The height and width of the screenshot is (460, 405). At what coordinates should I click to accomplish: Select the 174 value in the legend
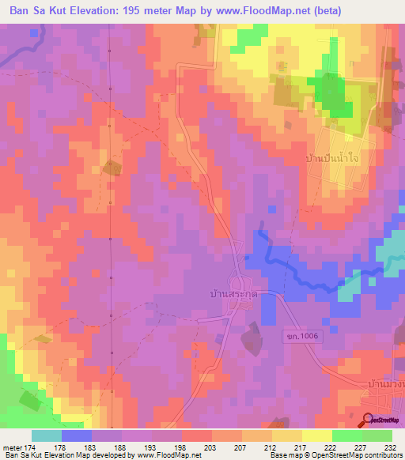pos(31,447)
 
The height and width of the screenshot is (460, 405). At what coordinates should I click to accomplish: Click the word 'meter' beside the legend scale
pos(13,447)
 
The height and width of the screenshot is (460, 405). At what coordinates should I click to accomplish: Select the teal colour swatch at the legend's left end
pos(47,435)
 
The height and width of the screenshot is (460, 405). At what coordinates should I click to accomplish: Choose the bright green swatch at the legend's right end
pos(377,435)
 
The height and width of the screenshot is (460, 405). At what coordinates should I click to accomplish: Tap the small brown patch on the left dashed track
pos(112,168)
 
